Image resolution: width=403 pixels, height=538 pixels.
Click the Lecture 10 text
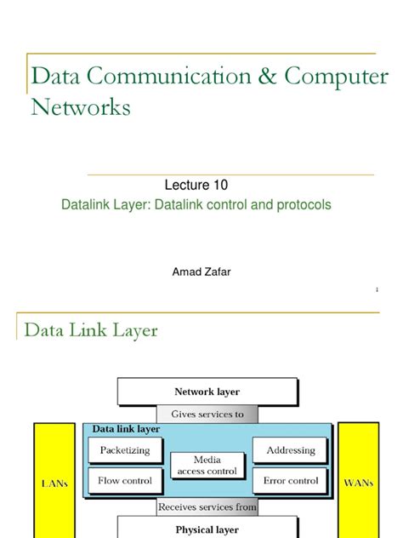point(195,185)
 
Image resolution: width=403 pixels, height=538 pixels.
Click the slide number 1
point(376,290)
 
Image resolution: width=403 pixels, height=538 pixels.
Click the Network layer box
point(207,392)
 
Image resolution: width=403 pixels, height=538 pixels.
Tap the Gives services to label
point(207,414)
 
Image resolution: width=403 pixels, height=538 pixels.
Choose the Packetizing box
point(125,450)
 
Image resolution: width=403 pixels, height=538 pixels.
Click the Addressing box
point(290,450)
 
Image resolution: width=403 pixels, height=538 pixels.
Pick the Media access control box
point(207,465)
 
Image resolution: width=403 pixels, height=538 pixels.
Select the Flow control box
point(125,480)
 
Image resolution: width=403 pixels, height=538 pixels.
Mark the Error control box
point(290,480)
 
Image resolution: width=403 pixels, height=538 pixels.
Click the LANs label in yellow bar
point(55,483)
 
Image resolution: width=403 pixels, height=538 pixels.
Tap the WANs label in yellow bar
point(358,482)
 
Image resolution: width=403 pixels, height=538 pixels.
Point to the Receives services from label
point(207,507)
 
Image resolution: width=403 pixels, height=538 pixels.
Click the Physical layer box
point(207,529)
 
